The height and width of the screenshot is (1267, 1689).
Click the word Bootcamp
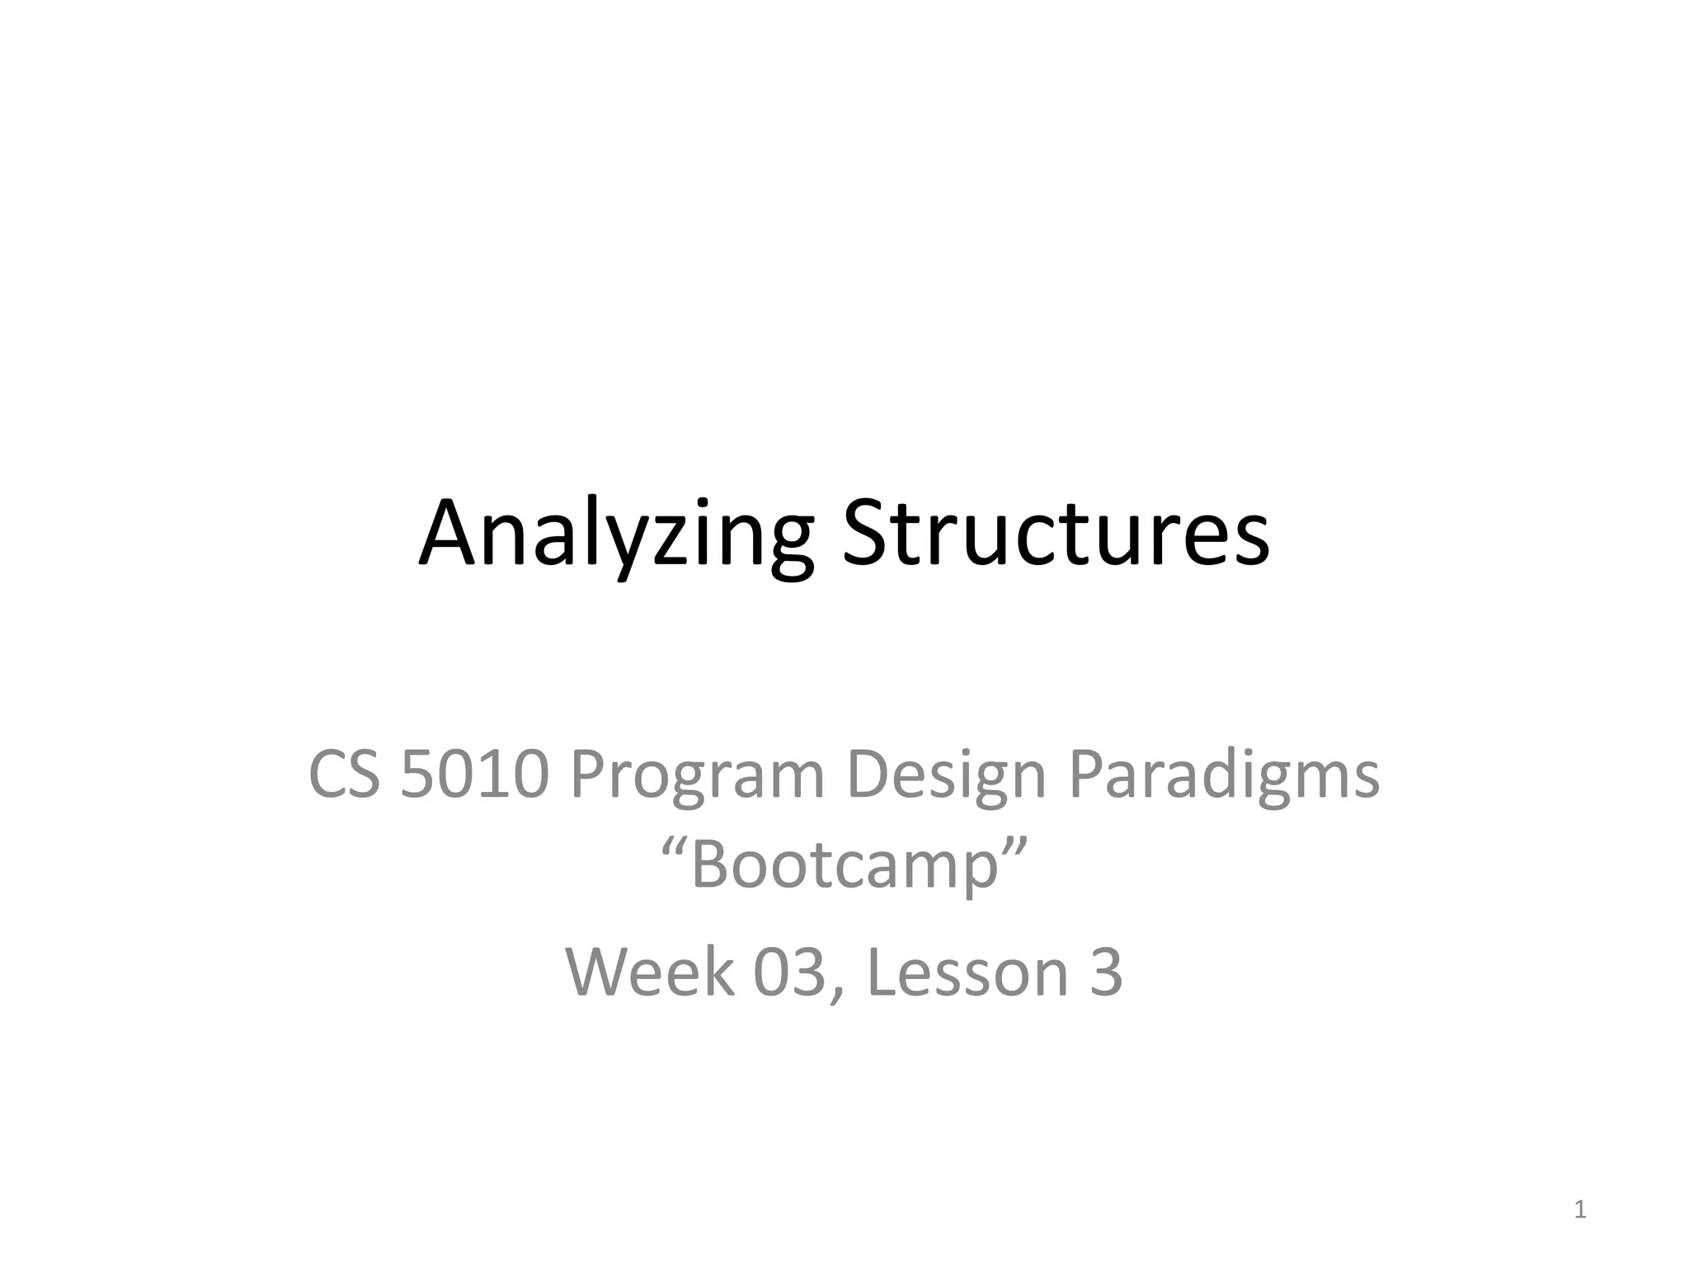click(x=844, y=865)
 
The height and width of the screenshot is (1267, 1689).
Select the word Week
click(x=649, y=972)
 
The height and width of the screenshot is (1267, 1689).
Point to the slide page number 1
click(x=1579, y=1209)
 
